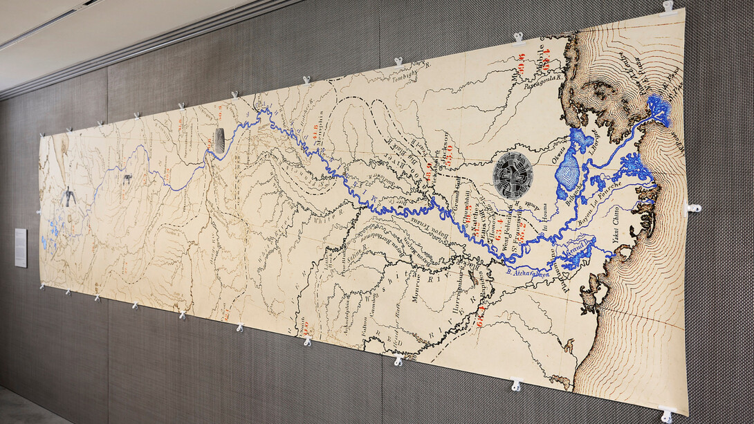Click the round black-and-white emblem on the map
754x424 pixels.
[x=513, y=175]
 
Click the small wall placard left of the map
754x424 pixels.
[x=21, y=248]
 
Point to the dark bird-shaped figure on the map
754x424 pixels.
[x=69, y=197]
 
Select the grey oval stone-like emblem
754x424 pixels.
[x=219, y=140]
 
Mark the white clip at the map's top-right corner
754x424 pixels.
[x=668, y=8]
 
